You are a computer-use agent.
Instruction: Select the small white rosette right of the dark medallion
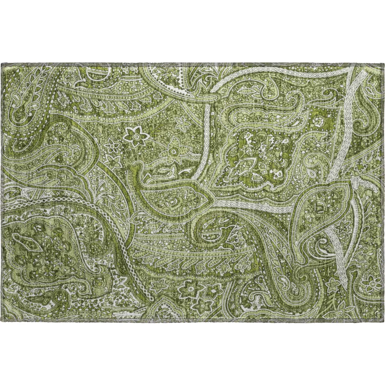point(318,122)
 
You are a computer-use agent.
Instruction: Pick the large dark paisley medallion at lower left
point(42,250)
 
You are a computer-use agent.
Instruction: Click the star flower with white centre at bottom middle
point(191,287)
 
